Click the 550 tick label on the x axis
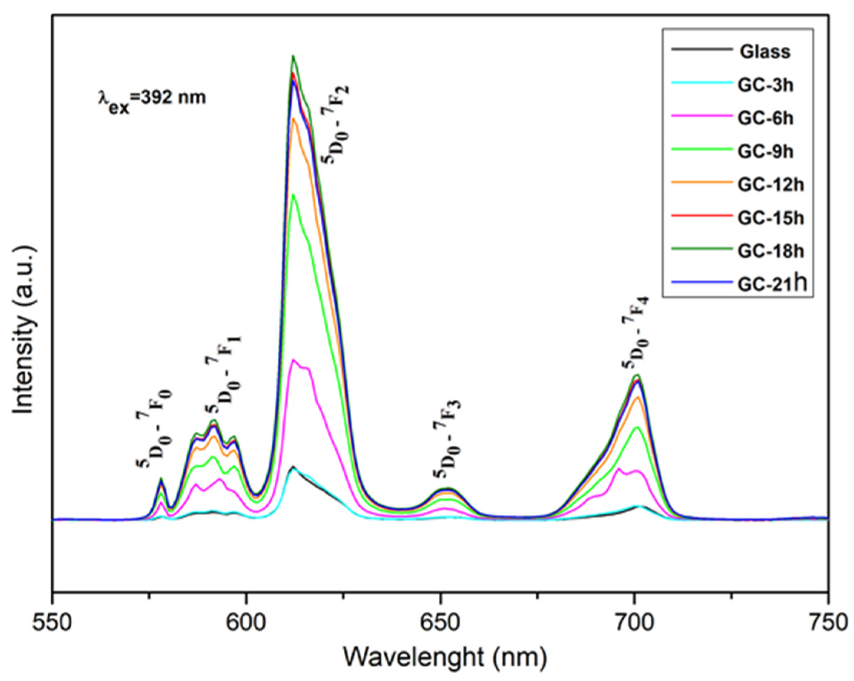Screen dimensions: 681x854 pyautogui.click(x=52, y=623)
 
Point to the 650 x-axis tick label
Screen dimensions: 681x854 pyautogui.click(x=440, y=623)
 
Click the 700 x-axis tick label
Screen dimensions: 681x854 pyautogui.click(x=634, y=623)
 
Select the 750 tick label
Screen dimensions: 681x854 pyautogui.click(x=828, y=623)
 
